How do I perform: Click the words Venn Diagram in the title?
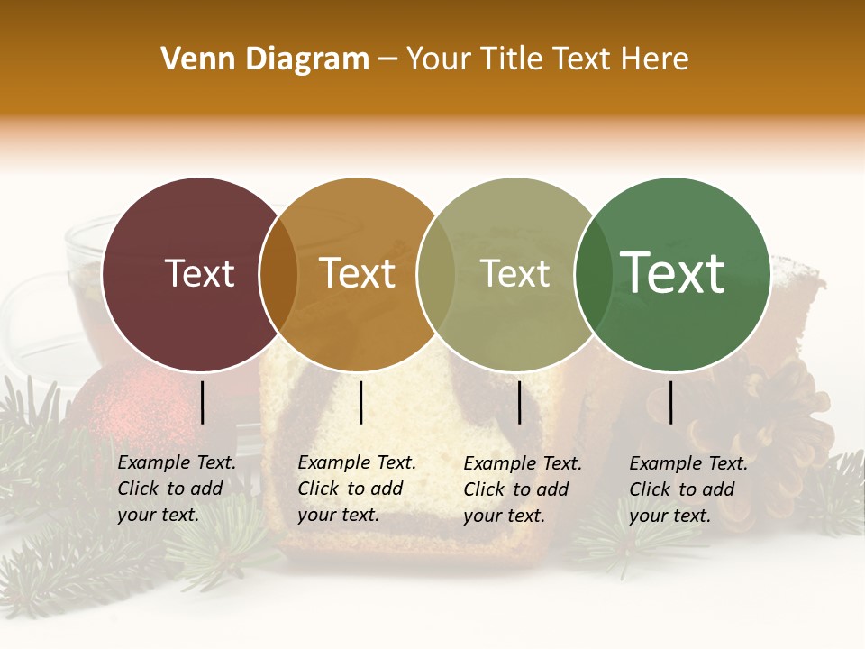(x=265, y=59)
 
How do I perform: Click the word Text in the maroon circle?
(x=200, y=273)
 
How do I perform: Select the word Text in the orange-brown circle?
(x=358, y=273)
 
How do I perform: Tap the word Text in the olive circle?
(x=515, y=273)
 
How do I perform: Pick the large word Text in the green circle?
(x=672, y=273)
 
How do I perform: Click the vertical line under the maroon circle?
(x=202, y=402)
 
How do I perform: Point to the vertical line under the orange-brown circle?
(x=360, y=402)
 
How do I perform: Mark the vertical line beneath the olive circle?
(x=519, y=402)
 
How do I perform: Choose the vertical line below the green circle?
(x=670, y=402)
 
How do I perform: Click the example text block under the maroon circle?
(x=177, y=489)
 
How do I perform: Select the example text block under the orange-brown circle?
(x=357, y=489)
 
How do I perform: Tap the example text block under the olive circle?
(x=523, y=489)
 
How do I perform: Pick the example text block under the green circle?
(x=688, y=489)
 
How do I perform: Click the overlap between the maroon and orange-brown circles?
(x=278, y=273)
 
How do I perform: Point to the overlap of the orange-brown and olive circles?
(x=436, y=273)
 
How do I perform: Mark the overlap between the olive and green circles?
(x=594, y=273)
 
